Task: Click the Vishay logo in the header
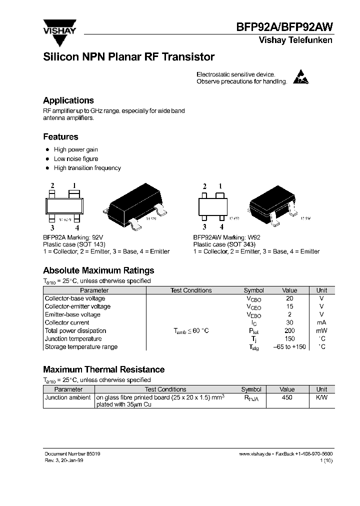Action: point(59,27)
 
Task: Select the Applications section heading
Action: point(68,100)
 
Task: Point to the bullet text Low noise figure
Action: point(76,159)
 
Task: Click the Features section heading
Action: point(60,137)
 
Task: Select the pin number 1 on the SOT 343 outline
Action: point(220,187)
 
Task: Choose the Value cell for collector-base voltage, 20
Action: point(289,298)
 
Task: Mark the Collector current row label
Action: point(67,322)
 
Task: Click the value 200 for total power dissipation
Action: point(289,330)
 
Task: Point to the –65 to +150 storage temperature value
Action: point(289,346)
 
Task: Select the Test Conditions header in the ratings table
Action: point(191,290)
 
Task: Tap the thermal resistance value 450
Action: point(287,397)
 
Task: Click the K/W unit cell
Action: point(322,397)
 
